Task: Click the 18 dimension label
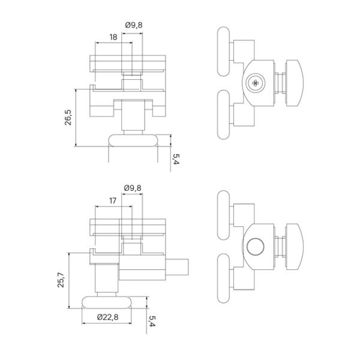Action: click(113, 37)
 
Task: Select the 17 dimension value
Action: click(113, 200)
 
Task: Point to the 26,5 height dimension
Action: click(69, 118)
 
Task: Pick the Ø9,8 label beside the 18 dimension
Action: click(134, 25)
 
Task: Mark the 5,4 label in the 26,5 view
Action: click(175, 158)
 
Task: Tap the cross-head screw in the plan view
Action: click(256, 83)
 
